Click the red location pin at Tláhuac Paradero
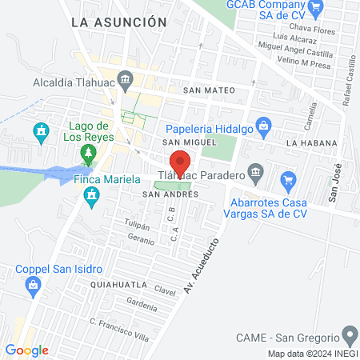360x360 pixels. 180,162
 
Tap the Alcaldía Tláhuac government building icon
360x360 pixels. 125,80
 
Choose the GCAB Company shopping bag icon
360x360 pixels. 315,10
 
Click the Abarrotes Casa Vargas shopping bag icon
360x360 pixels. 288,178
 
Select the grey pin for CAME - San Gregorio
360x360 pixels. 349,334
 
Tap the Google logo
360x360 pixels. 26,350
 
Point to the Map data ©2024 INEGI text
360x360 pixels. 311,354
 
